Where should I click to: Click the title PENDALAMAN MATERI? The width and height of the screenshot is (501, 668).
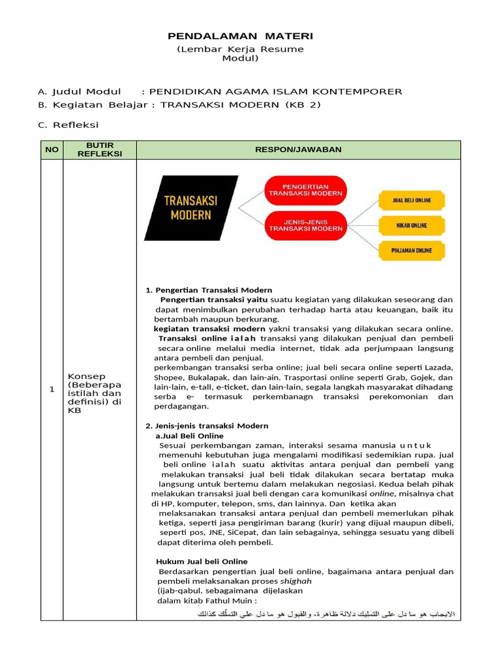point(241,35)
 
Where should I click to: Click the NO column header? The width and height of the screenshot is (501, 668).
point(52,149)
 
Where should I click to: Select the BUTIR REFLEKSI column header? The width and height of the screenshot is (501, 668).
point(100,149)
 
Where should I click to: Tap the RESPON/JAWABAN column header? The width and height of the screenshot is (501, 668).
point(298,149)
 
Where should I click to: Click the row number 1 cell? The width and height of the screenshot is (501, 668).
point(52,389)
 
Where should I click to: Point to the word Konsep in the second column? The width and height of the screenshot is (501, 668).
point(85,376)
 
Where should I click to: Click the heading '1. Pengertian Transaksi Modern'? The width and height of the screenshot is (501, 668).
point(209,290)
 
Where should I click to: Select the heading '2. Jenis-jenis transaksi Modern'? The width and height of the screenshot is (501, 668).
point(207,425)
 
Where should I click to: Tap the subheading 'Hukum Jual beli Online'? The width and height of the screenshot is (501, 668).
point(202,561)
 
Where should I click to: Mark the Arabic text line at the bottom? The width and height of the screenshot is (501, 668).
point(326,613)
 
